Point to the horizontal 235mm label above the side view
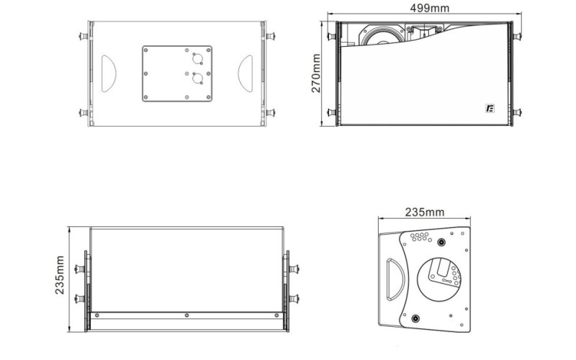pyautogui.click(x=425, y=212)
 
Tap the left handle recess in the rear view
pyautogui.click(x=108, y=73)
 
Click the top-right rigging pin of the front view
pyautogui.click(x=516, y=35)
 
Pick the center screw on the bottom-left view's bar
pyautogui.click(x=186, y=315)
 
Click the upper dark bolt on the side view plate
pyautogui.click(x=438, y=245)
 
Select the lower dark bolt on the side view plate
pyautogui.click(x=415, y=319)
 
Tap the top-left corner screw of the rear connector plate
pyautogui.click(x=146, y=50)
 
